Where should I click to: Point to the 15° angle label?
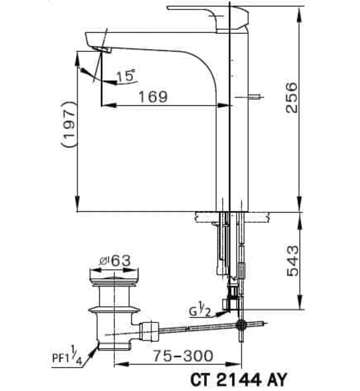126,76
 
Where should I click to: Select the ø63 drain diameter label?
114,260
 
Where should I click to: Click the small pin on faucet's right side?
256,97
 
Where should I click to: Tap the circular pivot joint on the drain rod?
241,324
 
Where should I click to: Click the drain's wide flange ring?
114,308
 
